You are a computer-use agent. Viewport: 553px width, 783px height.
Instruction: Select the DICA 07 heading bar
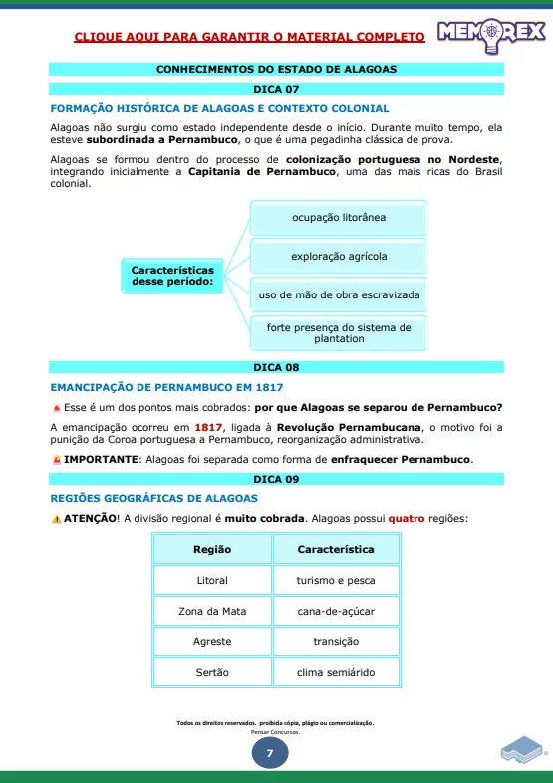276,89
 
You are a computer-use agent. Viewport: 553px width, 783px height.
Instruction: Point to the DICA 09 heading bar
276,478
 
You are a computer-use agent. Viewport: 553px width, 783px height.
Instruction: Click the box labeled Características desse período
172,276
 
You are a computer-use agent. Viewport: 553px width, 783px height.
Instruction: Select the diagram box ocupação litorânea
338,217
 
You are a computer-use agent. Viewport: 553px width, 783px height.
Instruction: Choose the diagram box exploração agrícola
338,256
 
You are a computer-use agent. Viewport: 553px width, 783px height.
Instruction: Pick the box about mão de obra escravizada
338,295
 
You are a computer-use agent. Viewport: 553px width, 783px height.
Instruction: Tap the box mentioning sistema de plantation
338,332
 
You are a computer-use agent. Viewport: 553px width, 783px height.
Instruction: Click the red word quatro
406,518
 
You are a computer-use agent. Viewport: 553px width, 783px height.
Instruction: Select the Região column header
212,549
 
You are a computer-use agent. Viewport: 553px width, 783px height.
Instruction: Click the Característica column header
336,549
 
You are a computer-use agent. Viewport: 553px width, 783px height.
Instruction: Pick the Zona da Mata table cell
212,611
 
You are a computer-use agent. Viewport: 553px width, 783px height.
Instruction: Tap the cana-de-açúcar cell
336,611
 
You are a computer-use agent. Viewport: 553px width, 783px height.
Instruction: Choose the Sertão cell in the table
212,673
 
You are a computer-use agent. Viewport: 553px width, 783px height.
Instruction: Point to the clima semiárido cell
336,673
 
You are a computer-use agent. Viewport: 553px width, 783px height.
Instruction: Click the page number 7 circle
269,753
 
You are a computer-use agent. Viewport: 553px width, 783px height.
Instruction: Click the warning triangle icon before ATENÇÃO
56,519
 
